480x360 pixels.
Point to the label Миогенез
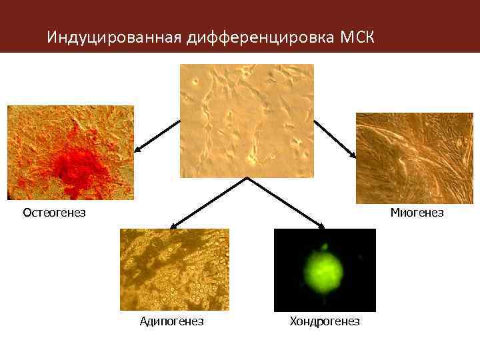417,213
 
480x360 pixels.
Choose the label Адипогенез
171,322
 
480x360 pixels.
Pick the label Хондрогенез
325,322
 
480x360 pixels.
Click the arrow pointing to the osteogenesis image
157,136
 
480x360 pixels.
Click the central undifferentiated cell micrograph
247,121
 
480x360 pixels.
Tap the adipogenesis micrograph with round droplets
175,269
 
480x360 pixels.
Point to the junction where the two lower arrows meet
247,179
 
